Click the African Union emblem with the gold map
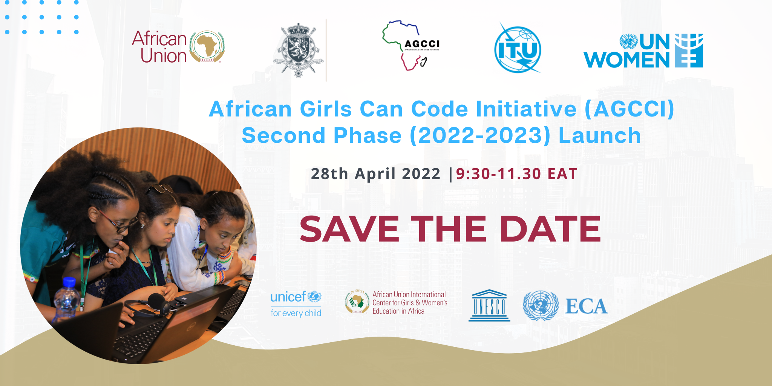[207, 47]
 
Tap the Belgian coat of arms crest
[298, 50]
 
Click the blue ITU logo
[518, 49]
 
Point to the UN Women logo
[643, 51]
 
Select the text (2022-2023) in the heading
[480, 136]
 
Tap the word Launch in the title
[599, 136]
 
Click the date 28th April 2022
[375, 174]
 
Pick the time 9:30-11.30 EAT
[516, 174]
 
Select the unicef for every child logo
[296, 304]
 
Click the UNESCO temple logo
[489, 305]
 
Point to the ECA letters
[586, 306]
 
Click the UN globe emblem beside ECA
[540, 305]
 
